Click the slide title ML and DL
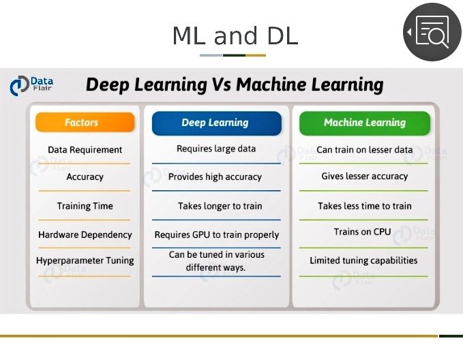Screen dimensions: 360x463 (x=235, y=35)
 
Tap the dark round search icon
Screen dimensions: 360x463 (x=432, y=32)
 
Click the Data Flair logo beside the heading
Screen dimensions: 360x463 (x=31, y=85)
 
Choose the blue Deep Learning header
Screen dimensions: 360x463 (x=215, y=123)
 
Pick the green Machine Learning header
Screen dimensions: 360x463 (x=365, y=123)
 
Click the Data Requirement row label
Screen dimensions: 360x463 (x=85, y=150)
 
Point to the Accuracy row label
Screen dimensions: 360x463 (x=85, y=177)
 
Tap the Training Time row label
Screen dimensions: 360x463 (x=85, y=206)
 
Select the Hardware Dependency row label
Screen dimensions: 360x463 (x=85, y=235)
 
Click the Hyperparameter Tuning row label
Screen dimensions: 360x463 (x=85, y=260)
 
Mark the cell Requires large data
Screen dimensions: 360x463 (x=216, y=149)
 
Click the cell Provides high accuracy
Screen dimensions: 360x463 (x=215, y=177)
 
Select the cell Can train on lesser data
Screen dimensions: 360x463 (x=365, y=150)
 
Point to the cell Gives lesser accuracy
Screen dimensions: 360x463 (x=365, y=177)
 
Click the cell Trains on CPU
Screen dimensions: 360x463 (x=363, y=232)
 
